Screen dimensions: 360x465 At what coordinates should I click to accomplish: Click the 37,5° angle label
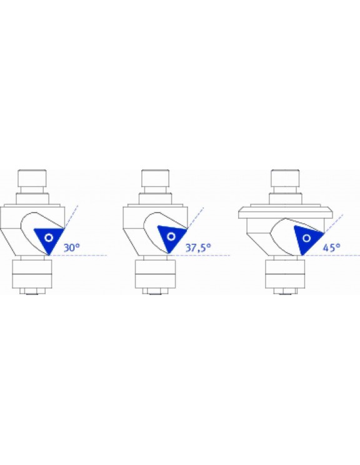click(198, 247)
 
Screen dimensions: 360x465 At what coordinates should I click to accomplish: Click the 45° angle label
click(331, 247)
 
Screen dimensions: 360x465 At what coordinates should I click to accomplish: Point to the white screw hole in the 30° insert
click(49, 237)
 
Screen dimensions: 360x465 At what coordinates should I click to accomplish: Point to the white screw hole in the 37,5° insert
click(171, 236)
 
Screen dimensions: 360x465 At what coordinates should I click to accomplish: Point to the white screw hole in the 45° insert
click(307, 238)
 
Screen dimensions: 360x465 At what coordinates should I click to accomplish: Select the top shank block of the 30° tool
click(32, 177)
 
